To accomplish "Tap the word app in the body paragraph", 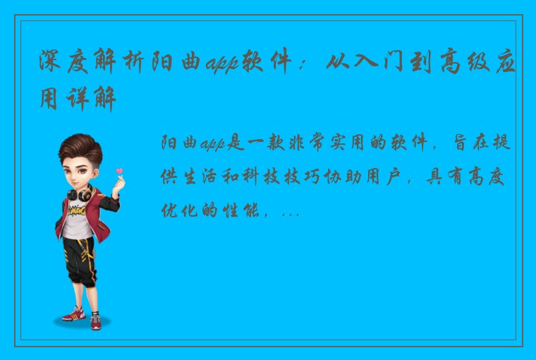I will pyautogui.click(x=212, y=144).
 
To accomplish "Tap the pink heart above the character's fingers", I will pyautogui.click(x=119, y=170).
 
